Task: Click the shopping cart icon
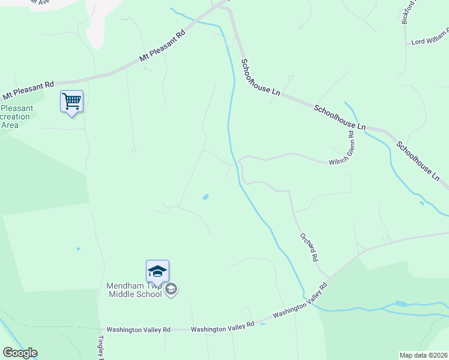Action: (71, 101)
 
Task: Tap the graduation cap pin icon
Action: (157, 271)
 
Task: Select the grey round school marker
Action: (171, 289)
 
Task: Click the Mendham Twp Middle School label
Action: (134, 290)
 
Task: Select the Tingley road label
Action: (101, 347)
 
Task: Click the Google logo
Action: (20, 353)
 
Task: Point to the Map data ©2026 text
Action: (424, 355)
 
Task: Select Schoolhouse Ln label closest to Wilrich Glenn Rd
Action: (339, 118)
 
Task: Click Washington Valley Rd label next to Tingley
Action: (139, 329)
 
